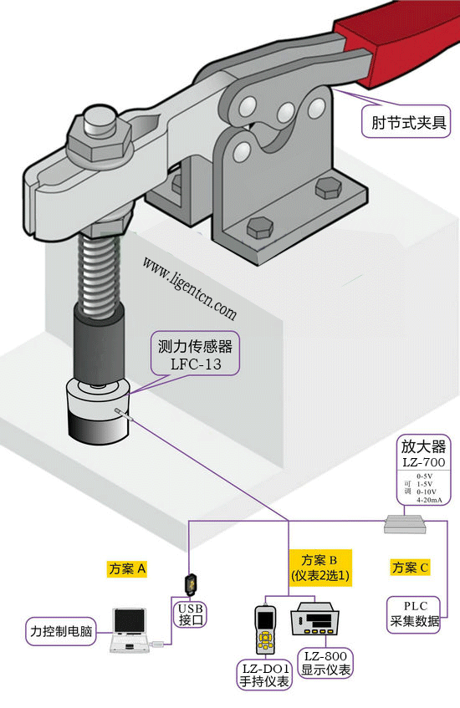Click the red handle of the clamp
click(393, 42)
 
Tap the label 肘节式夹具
click(408, 124)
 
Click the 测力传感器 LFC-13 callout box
click(195, 355)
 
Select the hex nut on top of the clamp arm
click(94, 135)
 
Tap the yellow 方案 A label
click(127, 568)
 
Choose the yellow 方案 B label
click(319, 567)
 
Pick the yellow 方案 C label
click(410, 568)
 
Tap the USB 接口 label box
click(191, 614)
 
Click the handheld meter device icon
click(266, 633)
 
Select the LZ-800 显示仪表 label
click(325, 663)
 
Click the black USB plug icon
click(192, 583)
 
